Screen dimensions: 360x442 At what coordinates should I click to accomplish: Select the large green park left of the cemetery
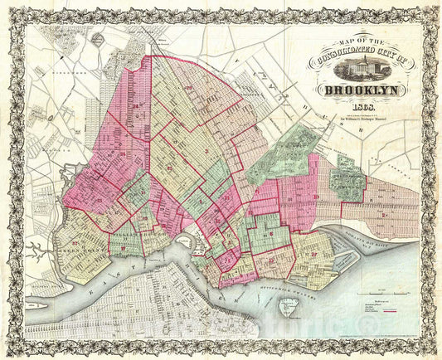286,151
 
